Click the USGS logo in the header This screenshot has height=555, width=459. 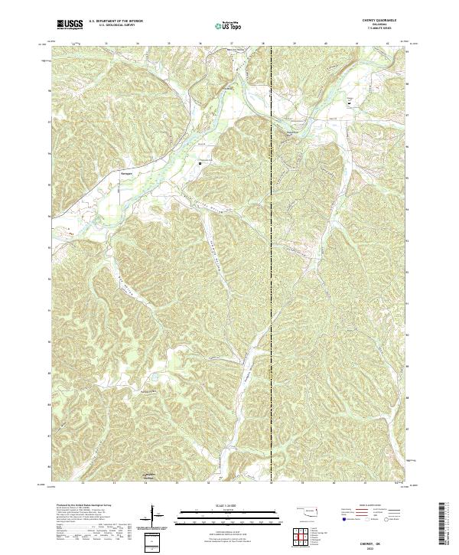[70, 24]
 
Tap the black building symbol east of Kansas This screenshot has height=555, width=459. [201, 161]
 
